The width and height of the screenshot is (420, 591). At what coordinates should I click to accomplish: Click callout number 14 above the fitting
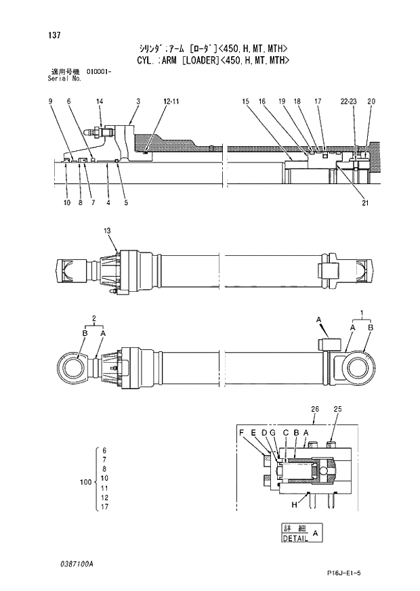pyautogui.click(x=100, y=102)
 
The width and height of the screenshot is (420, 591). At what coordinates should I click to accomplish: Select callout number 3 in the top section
pyautogui.click(x=138, y=102)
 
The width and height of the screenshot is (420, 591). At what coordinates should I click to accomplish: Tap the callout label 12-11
pyautogui.click(x=171, y=102)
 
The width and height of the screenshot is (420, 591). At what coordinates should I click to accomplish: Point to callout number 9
pyautogui.click(x=51, y=102)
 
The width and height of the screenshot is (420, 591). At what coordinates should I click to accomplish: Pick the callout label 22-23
pyautogui.click(x=349, y=102)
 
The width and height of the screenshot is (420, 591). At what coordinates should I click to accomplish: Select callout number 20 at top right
pyautogui.click(x=371, y=102)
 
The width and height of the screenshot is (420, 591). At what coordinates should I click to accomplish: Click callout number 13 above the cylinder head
pyautogui.click(x=107, y=232)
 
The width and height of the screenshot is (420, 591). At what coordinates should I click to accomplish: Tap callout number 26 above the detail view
pyautogui.click(x=314, y=408)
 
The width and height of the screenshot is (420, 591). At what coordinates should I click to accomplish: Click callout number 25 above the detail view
pyautogui.click(x=338, y=408)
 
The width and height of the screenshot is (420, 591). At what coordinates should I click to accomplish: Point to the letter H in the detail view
pyautogui.click(x=295, y=504)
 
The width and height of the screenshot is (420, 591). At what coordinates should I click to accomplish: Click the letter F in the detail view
pyautogui.click(x=240, y=432)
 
